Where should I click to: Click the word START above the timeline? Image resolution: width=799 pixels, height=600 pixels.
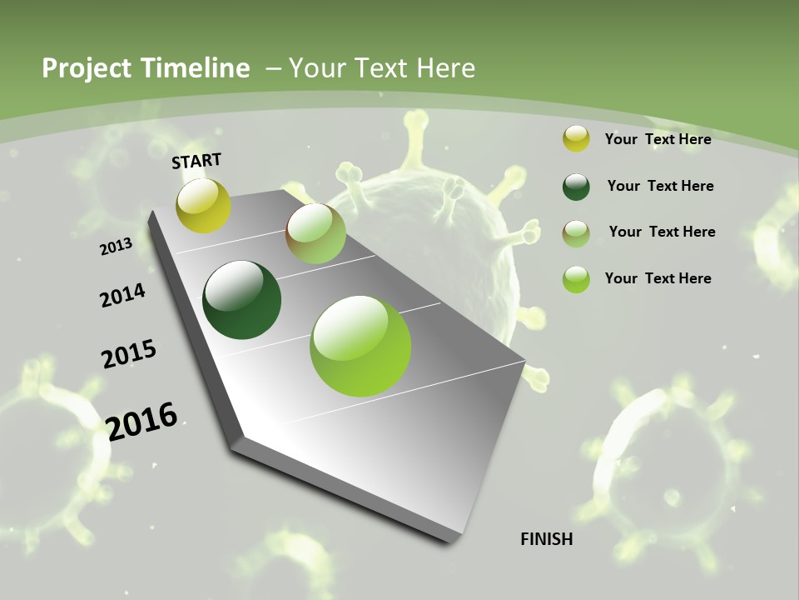coord(196,161)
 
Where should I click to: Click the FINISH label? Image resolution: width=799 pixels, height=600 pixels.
coord(547,539)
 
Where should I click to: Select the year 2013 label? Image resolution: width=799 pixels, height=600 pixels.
coord(116,247)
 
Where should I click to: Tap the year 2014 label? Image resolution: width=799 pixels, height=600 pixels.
coord(122,296)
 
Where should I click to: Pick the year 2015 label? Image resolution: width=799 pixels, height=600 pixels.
coord(129,354)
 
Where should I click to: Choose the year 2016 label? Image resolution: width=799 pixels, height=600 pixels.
coord(141,421)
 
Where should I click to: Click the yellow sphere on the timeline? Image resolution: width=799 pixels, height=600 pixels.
coord(204,205)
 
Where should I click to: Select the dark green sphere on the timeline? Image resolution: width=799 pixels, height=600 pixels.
coord(242,300)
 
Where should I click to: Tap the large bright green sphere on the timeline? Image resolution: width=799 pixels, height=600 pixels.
coord(360,346)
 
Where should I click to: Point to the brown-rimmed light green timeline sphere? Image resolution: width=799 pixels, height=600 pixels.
coord(315,233)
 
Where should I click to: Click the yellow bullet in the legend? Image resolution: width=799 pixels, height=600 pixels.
coord(576,139)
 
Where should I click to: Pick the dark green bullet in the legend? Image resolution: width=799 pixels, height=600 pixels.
coord(576,187)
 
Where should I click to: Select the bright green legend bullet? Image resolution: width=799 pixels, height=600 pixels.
coord(576,279)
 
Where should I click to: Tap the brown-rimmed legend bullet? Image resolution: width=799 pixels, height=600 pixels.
coord(576,232)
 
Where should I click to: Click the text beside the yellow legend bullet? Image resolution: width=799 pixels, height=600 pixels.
coord(658,139)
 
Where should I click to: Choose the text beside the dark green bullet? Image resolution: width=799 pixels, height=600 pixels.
coord(660,186)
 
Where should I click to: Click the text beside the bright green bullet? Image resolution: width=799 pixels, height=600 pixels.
coord(658,278)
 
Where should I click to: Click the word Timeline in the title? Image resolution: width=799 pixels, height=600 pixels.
coord(196,68)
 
